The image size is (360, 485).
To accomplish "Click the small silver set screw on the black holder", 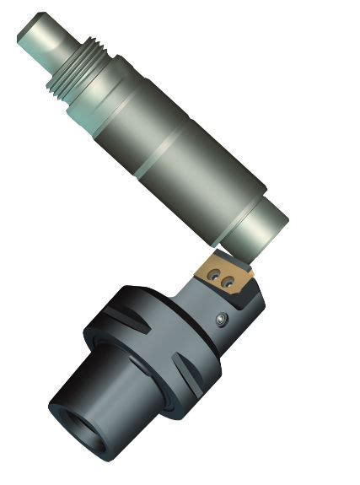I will click(221, 319).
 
